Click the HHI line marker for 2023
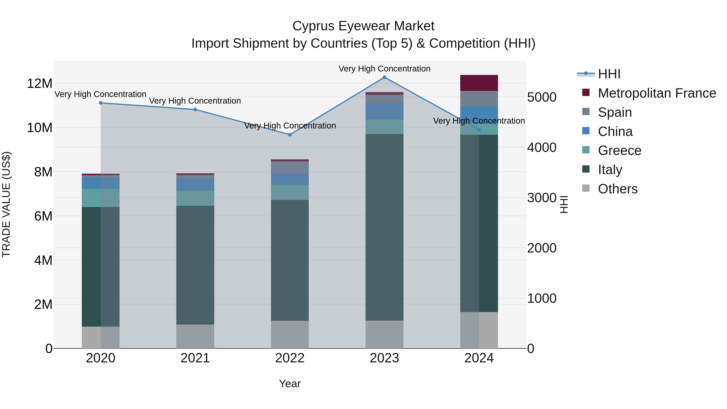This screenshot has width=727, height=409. (x=384, y=77)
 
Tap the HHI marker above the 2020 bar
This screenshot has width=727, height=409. (x=101, y=103)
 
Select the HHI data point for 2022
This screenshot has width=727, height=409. (x=290, y=135)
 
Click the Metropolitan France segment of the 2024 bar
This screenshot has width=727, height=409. (x=479, y=83)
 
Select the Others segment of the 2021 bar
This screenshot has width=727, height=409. (x=195, y=336)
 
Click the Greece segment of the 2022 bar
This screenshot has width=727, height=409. (x=290, y=192)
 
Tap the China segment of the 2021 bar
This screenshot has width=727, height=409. (x=195, y=185)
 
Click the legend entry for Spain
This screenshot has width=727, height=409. (x=615, y=112)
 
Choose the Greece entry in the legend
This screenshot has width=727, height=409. (x=620, y=150)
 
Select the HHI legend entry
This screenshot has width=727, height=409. (x=609, y=74)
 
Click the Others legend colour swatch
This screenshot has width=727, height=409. (x=586, y=188)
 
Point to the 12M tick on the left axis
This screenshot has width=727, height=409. (x=40, y=84)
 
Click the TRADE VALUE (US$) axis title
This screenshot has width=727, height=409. (x=6, y=204)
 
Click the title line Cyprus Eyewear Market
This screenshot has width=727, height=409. (x=363, y=26)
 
